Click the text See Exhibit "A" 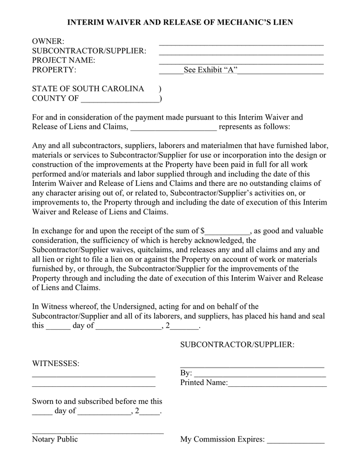211,70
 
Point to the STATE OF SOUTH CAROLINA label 88,89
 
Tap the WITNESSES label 56,363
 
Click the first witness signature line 94,375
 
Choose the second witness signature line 94,385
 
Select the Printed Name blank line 277,384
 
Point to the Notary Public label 55,439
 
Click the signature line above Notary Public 98,431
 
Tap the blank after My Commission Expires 295,441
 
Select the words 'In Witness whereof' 64,307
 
